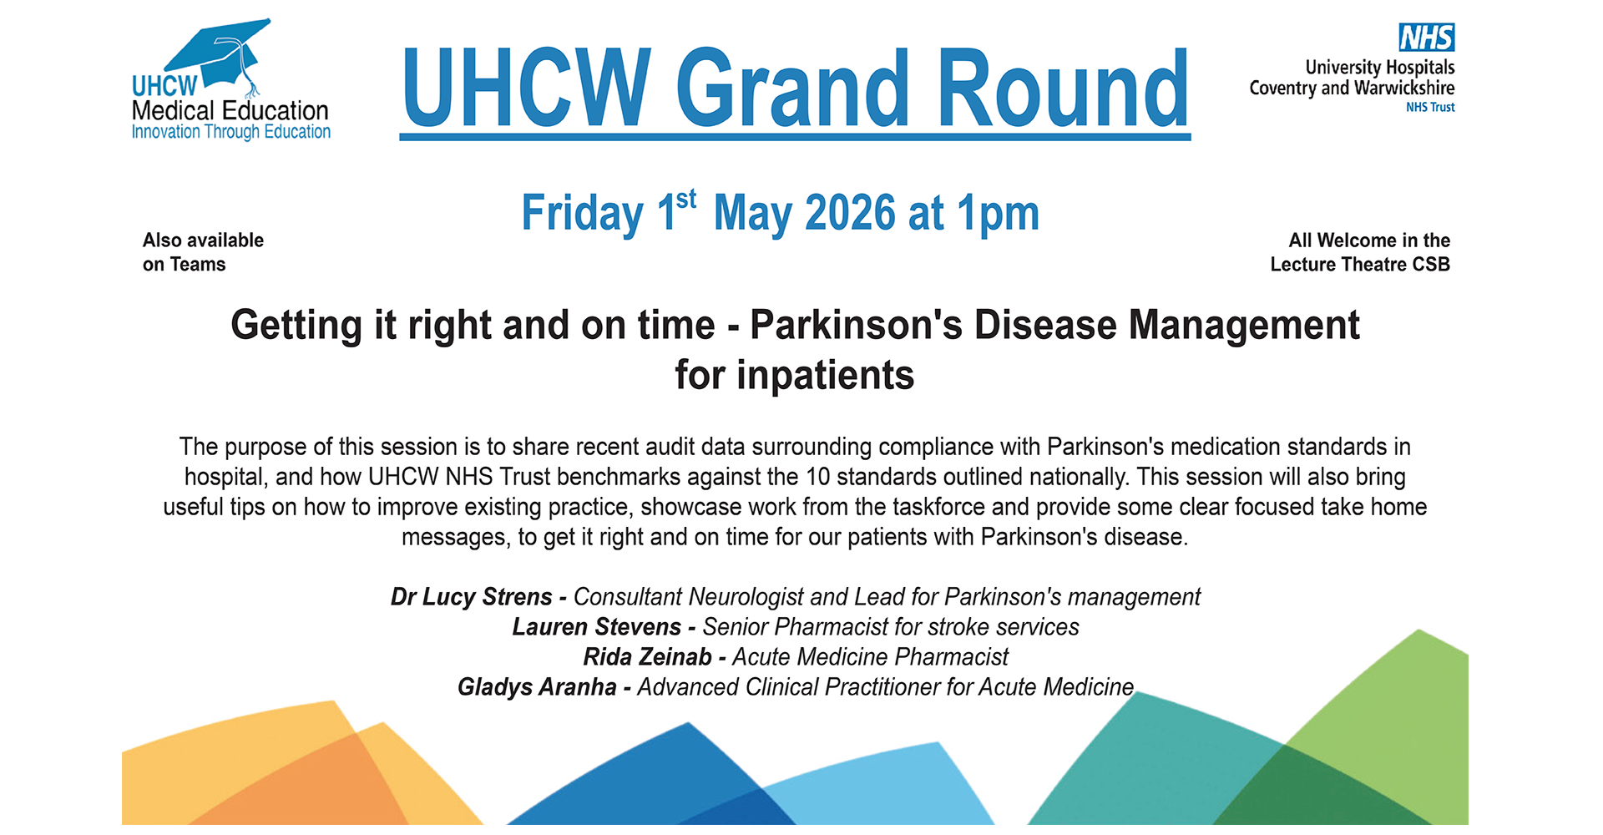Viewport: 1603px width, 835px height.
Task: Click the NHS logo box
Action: [1427, 38]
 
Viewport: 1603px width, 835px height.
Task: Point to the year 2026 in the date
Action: [850, 213]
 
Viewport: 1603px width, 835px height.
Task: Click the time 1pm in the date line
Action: [998, 215]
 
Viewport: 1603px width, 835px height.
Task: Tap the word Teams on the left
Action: [198, 265]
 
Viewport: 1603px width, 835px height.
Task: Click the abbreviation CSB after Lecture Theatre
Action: [1431, 265]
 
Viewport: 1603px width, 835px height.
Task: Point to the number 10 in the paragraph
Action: [817, 477]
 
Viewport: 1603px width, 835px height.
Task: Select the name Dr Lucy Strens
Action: [472, 597]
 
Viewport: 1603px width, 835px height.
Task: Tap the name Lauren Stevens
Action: [597, 627]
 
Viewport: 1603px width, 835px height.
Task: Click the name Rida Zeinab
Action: [647, 657]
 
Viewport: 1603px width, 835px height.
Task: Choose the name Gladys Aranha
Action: [537, 687]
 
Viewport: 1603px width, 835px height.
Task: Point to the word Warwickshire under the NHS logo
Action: [1404, 88]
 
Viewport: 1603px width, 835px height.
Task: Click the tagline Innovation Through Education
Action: [231, 132]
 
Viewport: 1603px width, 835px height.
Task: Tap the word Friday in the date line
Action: [583, 215]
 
